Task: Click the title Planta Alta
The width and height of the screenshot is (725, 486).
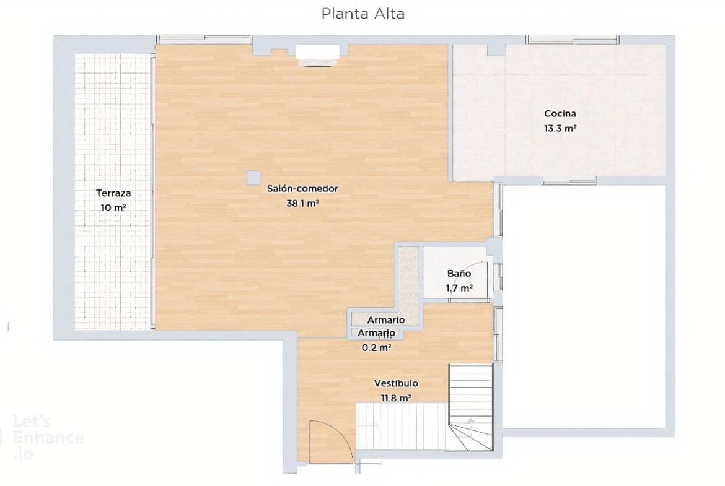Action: [x=363, y=14]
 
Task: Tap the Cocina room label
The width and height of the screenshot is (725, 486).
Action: [x=560, y=113]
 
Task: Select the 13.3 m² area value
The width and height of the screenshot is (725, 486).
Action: [x=560, y=128]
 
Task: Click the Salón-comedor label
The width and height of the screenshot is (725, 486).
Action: [x=302, y=188]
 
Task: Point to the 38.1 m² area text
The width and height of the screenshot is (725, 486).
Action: [x=303, y=203]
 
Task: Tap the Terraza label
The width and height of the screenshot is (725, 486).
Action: [x=113, y=193]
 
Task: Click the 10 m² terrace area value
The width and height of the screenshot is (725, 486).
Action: [x=113, y=208]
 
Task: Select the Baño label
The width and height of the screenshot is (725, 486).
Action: [x=459, y=273]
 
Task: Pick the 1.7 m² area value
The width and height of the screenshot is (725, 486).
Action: [x=459, y=289]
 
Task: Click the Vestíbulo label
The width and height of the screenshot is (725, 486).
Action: [x=396, y=383]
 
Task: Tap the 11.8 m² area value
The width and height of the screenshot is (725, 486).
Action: [x=396, y=397]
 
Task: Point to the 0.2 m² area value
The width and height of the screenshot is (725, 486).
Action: [x=376, y=348]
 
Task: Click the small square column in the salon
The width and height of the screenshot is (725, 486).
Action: [x=253, y=178]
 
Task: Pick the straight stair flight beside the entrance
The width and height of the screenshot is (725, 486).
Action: [x=402, y=426]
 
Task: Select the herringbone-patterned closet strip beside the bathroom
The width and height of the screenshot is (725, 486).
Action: [x=409, y=285]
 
